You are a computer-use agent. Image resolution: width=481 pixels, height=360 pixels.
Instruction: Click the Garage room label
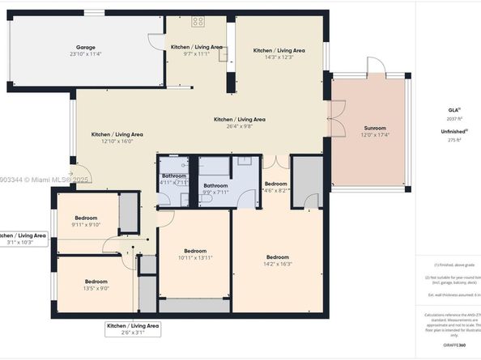[85, 47]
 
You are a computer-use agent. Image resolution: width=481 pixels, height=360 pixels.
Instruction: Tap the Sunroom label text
[374, 128]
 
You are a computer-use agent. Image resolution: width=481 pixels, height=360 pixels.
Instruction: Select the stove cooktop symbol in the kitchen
[198, 22]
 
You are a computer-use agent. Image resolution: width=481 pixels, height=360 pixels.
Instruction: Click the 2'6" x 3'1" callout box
[133, 329]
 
